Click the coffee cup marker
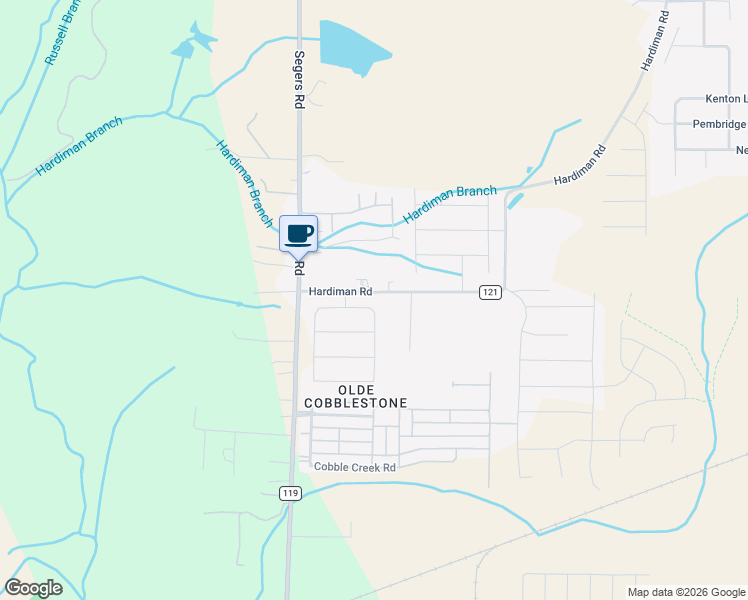(x=298, y=234)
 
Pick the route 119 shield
(x=290, y=493)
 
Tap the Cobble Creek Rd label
(x=355, y=467)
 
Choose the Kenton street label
(x=725, y=99)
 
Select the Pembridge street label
(x=719, y=124)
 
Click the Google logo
(x=33, y=588)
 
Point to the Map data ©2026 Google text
(x=686, y=592)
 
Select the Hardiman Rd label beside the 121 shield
(x=340, y=292)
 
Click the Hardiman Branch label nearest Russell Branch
(x=79, y=147)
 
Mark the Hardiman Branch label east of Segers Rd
(x=449, y=204)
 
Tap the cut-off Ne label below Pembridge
(x=741, y=150)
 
